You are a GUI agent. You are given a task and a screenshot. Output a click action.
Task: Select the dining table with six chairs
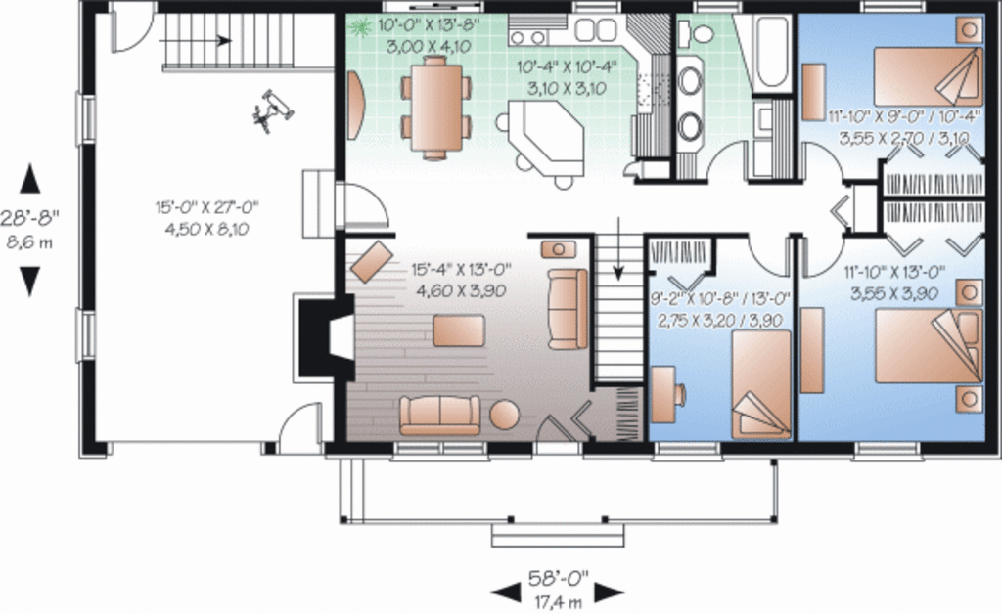(x=436, y=107)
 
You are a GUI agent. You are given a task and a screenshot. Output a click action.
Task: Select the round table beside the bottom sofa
(x=506, y=415)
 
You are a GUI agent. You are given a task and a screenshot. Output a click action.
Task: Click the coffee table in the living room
(x=458, y=329)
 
